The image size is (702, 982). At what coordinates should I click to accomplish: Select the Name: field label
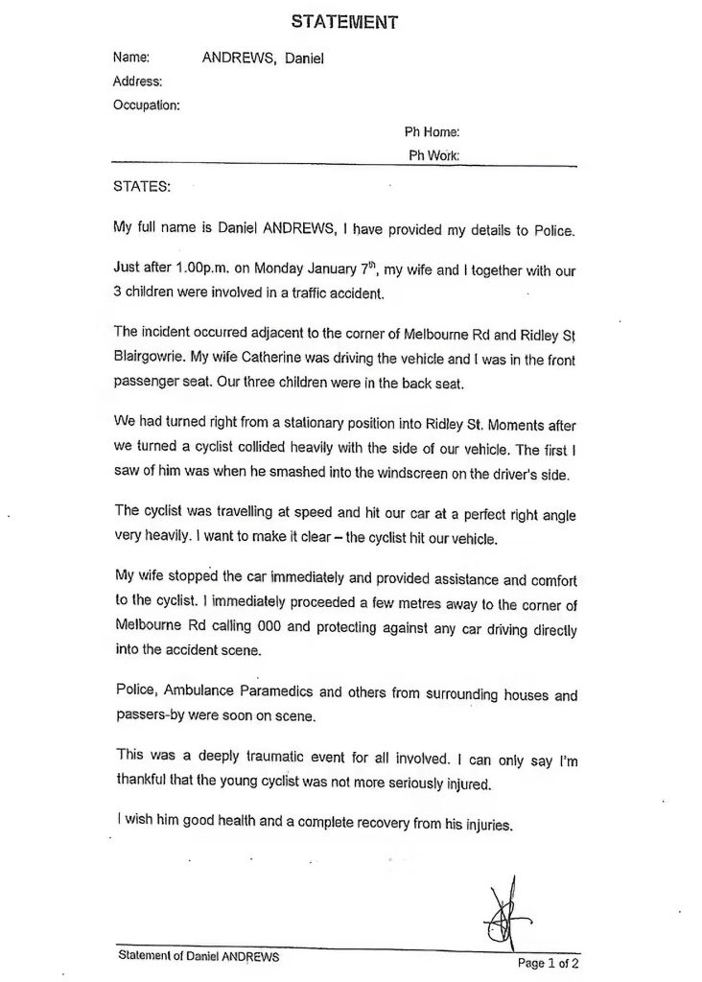[131, 58]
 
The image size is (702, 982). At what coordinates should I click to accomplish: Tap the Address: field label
[137, 82]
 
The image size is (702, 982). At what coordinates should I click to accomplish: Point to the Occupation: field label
[146, 105]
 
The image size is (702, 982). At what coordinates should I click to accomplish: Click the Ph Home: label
[433, 131]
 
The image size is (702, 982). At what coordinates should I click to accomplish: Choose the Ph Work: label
[433, 154]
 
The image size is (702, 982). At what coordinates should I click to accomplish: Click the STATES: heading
[141, 186]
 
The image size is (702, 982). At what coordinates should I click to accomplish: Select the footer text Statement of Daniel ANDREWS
[199, 956]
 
